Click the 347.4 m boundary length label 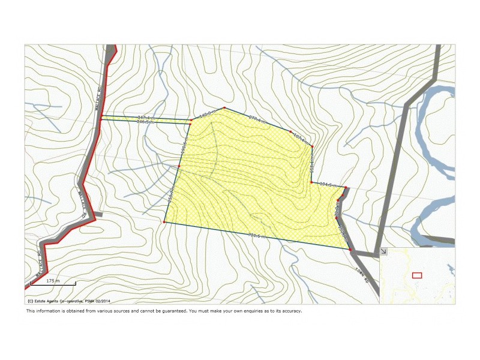pyautogui.click(x=146, y=117)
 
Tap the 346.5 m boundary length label pyautogui.click(x=146, y=122)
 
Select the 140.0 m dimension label pyautogui.click(x=208, y=113)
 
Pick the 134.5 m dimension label pyautogui.click(x=328, y=184)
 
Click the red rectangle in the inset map pyautogui.click(x=417, y=275)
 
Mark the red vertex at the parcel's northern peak pyautogui.click(x=224, y=108)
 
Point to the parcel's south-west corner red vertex pyautogui.click(x=164, y=223)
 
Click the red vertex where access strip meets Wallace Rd pyautogui.click(x=101, y=118)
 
